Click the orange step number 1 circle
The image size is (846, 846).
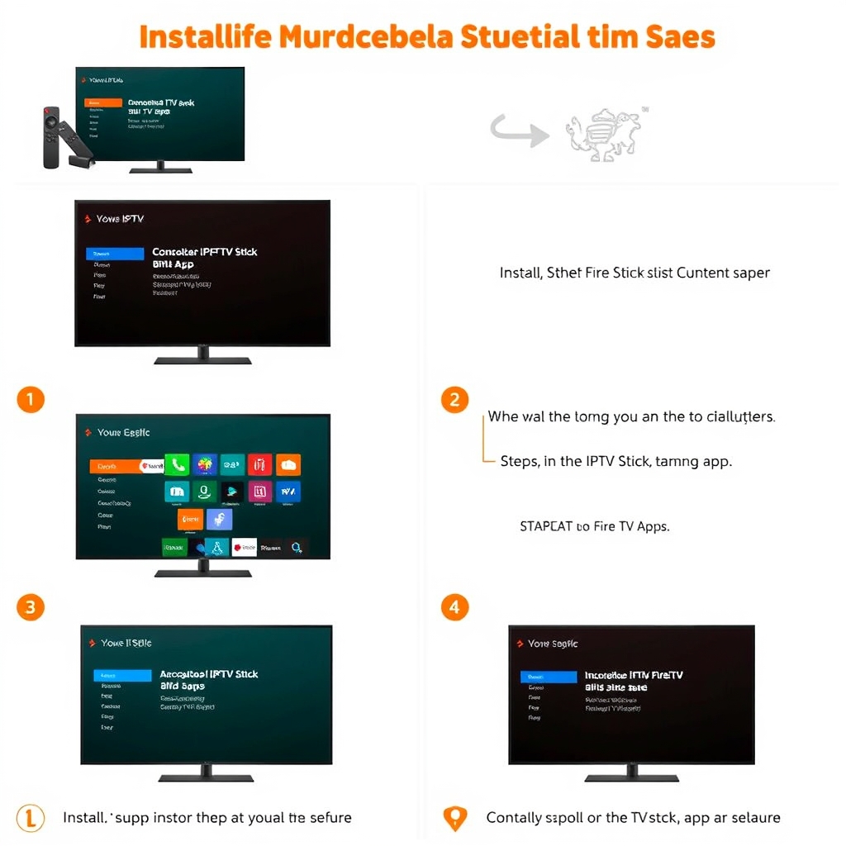click(30, 400)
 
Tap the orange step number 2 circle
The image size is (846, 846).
click(454, 400)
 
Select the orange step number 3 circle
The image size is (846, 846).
click(30, 607)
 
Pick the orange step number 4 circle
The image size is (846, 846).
click(454, 607)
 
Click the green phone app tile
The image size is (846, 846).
click(178, 464)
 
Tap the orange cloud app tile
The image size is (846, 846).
click(288, 464)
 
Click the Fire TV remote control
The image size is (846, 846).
click(51, 137)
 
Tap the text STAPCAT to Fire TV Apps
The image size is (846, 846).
click(594, 525)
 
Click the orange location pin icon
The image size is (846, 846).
click(454, 818)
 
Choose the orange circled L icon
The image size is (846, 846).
click(30, 818)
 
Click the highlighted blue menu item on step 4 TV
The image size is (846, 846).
click(549, 677)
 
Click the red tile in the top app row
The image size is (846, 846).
click(259, 464)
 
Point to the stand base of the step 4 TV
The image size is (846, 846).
click(631, 777)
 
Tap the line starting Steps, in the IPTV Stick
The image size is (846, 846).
click(615, 461)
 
